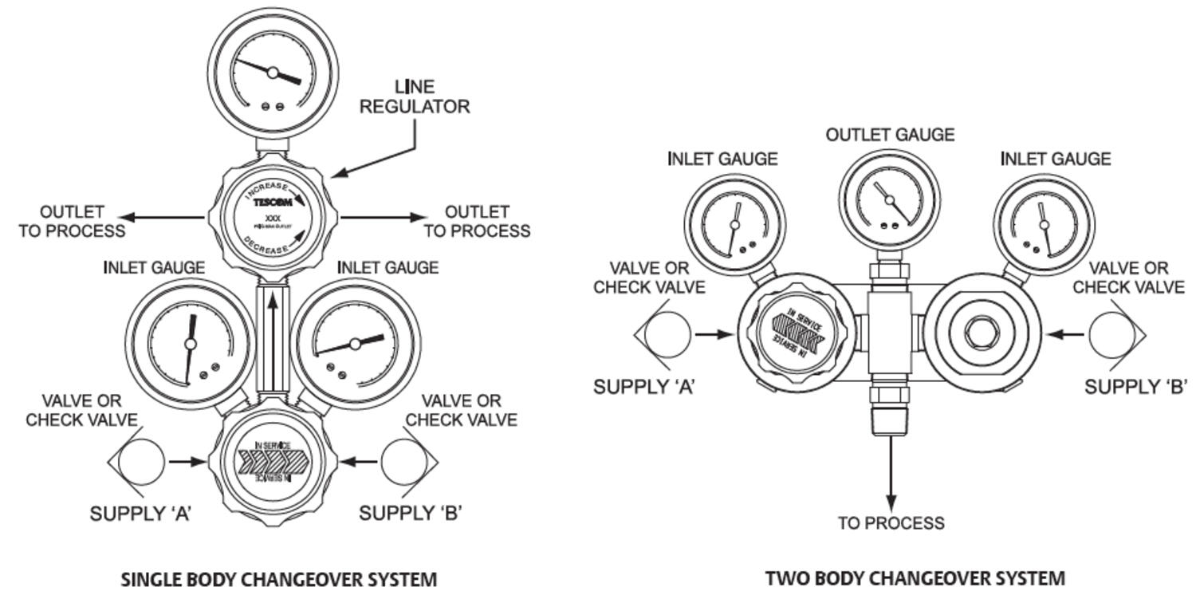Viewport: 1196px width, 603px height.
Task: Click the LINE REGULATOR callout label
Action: click(x=415, y=97)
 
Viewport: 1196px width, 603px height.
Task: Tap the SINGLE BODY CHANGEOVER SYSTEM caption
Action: click(x=278, y=578)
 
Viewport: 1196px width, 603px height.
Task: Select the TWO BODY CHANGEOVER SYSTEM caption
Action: click(x=915, y=577)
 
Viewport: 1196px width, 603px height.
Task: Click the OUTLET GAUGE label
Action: click(x=890, y=135)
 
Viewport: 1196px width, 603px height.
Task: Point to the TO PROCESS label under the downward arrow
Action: click(x=891, y=523)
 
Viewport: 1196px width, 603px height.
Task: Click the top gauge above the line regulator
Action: click(x=273, y=73)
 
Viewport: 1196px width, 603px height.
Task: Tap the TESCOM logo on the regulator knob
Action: click(x=273, y=203)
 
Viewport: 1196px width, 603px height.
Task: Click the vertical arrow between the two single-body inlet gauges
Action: click(x=273, y=335)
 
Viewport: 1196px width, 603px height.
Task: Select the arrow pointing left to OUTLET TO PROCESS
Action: click(x=159, y=216)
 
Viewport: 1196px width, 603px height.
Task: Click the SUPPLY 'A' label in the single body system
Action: click(x=141, y=514)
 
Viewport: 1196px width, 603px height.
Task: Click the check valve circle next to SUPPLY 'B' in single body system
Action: click(x=406, y=461)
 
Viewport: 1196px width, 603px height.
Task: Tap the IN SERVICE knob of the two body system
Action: click(x=797, y=332)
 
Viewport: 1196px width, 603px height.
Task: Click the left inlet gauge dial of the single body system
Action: click(x=190, y=344)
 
